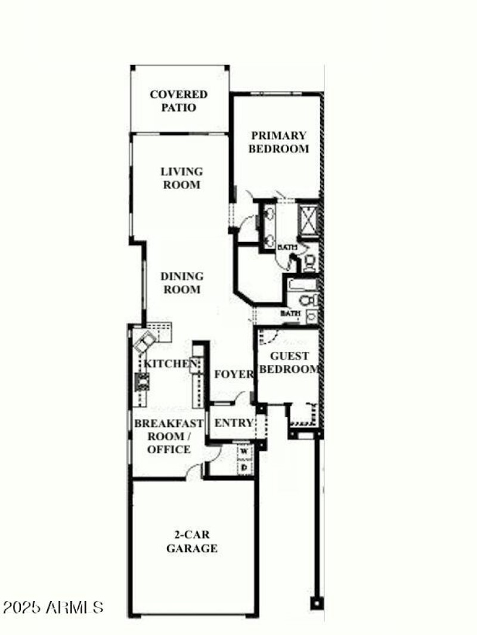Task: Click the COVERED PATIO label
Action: click(x=179, y=101)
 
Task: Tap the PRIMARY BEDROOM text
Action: click(x=278, y=143)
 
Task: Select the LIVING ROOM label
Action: click(x=181, y=178)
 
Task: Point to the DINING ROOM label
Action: click(x=181, y=283)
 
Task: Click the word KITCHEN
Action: click(x=171, y=364)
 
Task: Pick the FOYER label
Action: click(x=234, y=374)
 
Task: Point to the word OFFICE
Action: click(x=169, y=450)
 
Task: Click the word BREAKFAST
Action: click(x=169, y=423)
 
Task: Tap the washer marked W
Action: click(x=244, y=452)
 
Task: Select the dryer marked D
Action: click(x=244, y=468)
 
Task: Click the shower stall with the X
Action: click(x=309, y=219)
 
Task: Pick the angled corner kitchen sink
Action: click(x=145, y=342)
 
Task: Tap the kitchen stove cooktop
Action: click(x=143, y=380)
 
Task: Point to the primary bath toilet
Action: click(x=310, y=262)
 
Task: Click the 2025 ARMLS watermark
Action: click(x=53, y=608)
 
